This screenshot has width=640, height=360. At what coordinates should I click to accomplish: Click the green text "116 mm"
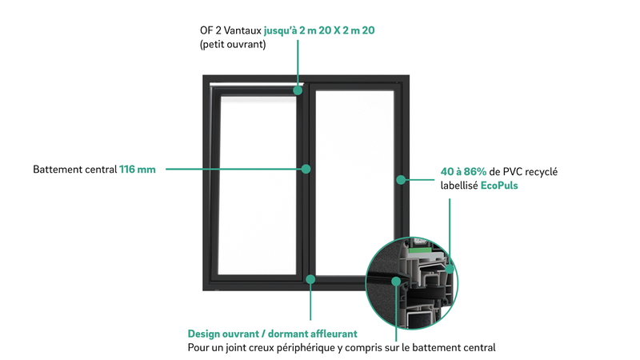[x=137, y=170]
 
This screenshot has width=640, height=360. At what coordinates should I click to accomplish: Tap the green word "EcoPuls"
[x=499, y=186]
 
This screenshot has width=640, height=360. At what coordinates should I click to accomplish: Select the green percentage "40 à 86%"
[x=463, y=171]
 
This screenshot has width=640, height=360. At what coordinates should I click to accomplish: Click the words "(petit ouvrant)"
[x=233, y=45]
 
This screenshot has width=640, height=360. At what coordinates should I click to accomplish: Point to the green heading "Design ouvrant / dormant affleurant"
[x=272, y=334]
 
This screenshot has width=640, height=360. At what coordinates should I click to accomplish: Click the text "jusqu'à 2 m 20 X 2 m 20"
[x=319, y=30]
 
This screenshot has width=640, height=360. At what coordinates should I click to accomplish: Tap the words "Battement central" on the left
[x=74, y=170]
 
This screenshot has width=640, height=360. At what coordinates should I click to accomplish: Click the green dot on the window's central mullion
[x=306, y=169]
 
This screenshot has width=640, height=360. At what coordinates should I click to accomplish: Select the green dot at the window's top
[x=298, y=90]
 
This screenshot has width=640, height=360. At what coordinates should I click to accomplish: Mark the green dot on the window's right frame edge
[x=401, y=179]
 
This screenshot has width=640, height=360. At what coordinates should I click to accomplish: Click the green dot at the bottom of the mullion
[x=310, y=279]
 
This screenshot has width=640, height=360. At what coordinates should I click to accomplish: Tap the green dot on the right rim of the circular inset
[x=450, y=270]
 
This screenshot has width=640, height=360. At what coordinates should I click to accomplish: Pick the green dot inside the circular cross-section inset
[x=395, y=282]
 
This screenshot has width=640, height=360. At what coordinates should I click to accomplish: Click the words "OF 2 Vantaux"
[x=230, y=30]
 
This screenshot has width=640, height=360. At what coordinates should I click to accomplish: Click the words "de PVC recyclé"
[x=523, y=172]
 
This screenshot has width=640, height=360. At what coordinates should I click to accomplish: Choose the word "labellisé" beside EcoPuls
[x=459, y=186]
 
